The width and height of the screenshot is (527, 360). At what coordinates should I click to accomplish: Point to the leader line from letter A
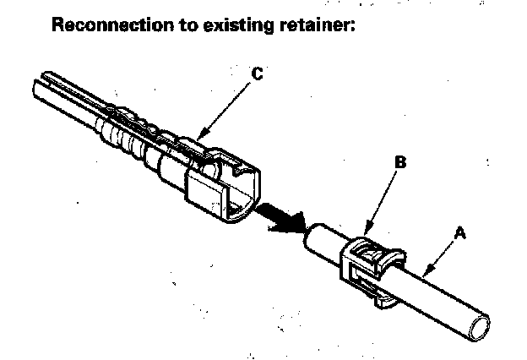[443, 254]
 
